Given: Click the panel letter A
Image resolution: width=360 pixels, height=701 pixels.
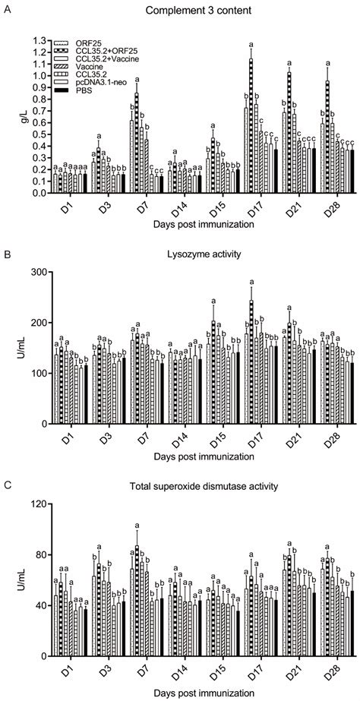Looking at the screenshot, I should [x=6, y=11].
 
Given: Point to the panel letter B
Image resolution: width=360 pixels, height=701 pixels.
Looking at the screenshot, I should [x=6, y=255].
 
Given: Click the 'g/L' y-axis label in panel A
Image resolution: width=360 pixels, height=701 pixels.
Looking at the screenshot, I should [x=11, y=115].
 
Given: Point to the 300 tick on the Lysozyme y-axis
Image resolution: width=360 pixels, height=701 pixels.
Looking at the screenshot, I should [x=33, y=272].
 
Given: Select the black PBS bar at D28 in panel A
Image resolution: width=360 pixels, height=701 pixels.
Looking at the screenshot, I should [x=351, y=172].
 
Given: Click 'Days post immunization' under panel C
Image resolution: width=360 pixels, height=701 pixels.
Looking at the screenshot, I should [x=191, y=693].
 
